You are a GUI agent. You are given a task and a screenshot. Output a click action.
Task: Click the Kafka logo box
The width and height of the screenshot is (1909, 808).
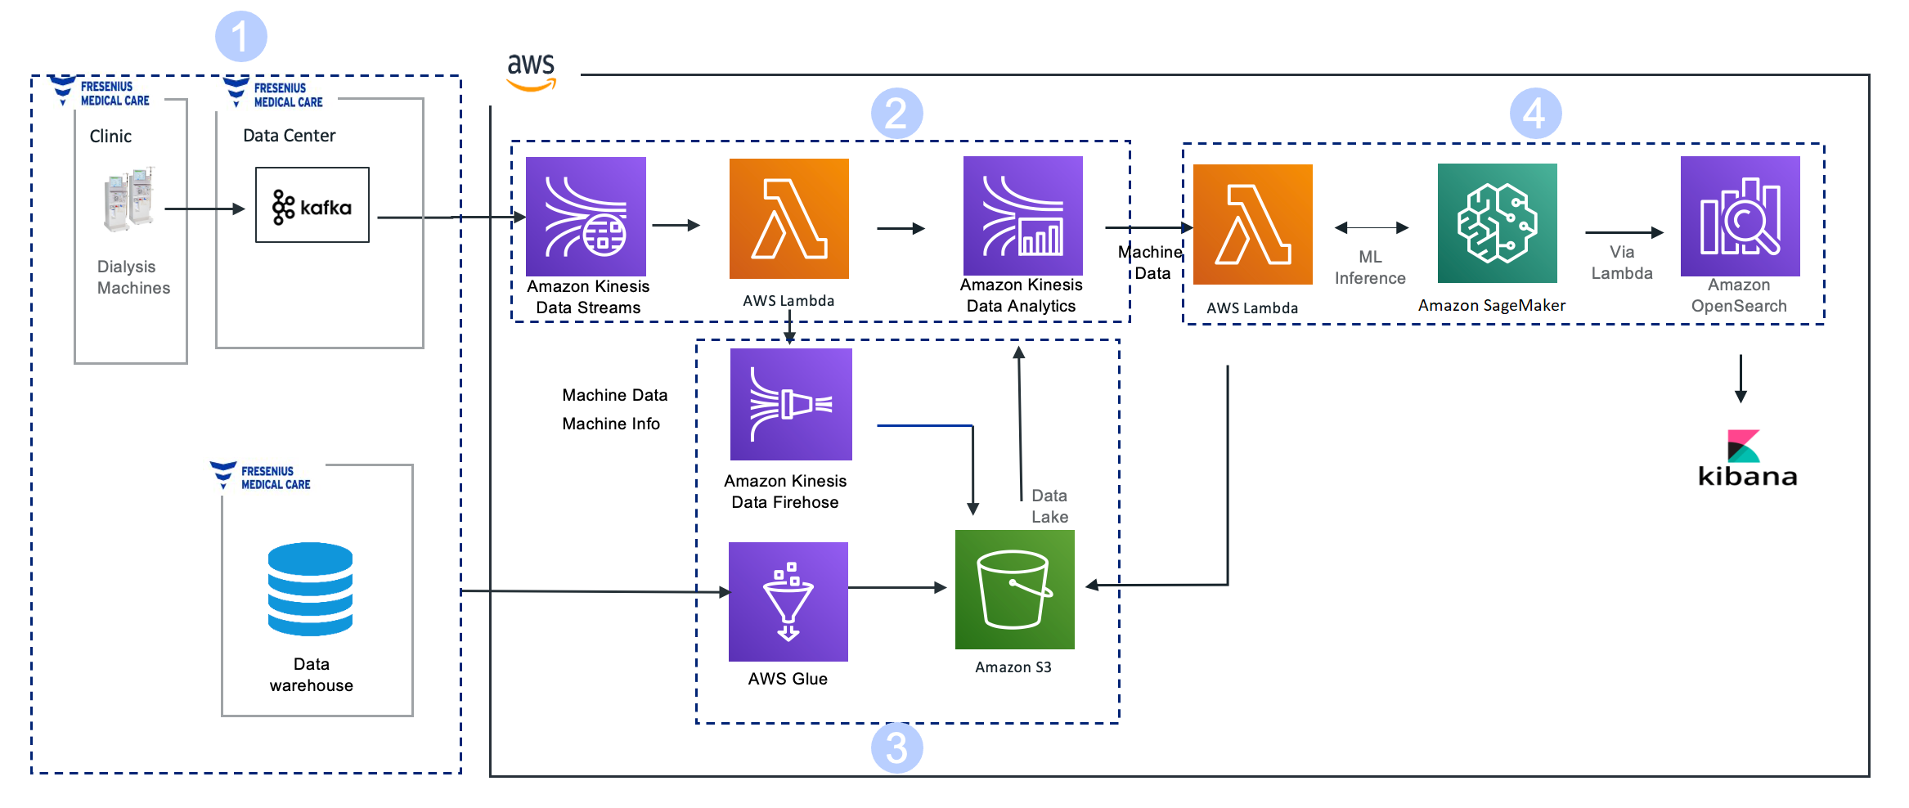(312, 205)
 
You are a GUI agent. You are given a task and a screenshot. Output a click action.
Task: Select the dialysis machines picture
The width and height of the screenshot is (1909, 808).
(129, 200)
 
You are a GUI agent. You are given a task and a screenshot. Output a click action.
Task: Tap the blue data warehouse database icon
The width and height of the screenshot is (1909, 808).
(310, 589)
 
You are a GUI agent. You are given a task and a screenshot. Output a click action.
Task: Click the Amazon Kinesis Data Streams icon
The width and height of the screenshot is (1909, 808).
(586, 217)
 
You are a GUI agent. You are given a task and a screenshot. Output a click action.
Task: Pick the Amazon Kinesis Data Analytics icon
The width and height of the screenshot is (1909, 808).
(1023, 216)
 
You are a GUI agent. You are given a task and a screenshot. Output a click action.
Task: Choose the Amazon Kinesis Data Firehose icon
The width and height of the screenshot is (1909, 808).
(791, 404)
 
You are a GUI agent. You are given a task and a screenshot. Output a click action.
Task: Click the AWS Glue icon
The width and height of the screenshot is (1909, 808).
(788, 602)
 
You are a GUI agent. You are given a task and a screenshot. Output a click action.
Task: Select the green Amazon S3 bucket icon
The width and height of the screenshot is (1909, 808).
(1015, 590)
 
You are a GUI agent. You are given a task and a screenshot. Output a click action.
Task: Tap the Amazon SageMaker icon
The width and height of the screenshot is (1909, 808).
(1498, 223)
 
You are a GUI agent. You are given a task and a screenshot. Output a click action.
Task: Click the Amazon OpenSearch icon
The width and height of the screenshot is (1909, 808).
(1741, 216)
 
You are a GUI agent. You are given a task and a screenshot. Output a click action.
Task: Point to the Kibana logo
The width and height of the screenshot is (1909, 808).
(1747, 459)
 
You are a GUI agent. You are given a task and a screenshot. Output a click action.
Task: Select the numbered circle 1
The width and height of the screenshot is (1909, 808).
(241, 36)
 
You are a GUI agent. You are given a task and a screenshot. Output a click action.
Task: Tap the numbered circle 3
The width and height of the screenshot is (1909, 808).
(897, 747)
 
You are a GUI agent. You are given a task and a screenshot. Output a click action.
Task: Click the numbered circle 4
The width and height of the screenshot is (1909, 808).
(1535, 114)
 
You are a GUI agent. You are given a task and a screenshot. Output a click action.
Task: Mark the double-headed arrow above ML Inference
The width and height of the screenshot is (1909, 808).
(1372, 227)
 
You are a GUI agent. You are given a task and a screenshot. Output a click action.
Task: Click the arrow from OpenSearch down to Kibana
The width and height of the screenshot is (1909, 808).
(1741, 379)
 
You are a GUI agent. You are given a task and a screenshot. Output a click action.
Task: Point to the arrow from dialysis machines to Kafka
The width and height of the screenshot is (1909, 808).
(205, 209)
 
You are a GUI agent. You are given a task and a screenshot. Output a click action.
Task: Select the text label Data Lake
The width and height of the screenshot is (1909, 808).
(1049, 506)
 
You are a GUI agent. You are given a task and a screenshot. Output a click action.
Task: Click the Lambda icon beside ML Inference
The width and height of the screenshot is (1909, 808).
(1253, 224)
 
